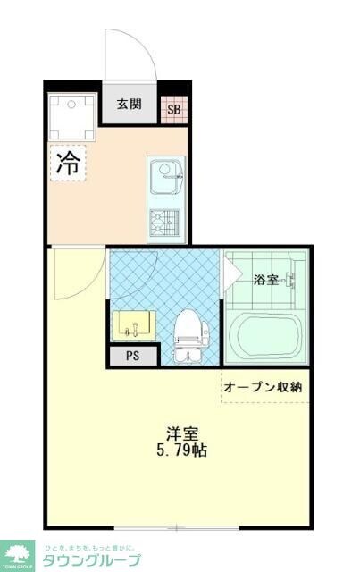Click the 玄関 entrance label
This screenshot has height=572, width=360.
tap(129, 104)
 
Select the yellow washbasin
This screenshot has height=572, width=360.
tap(133, 324)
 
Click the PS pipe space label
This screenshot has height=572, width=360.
tap(131, 357)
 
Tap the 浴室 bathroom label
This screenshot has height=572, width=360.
tap(264, 280)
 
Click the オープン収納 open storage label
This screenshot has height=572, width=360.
tap(263, 387)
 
